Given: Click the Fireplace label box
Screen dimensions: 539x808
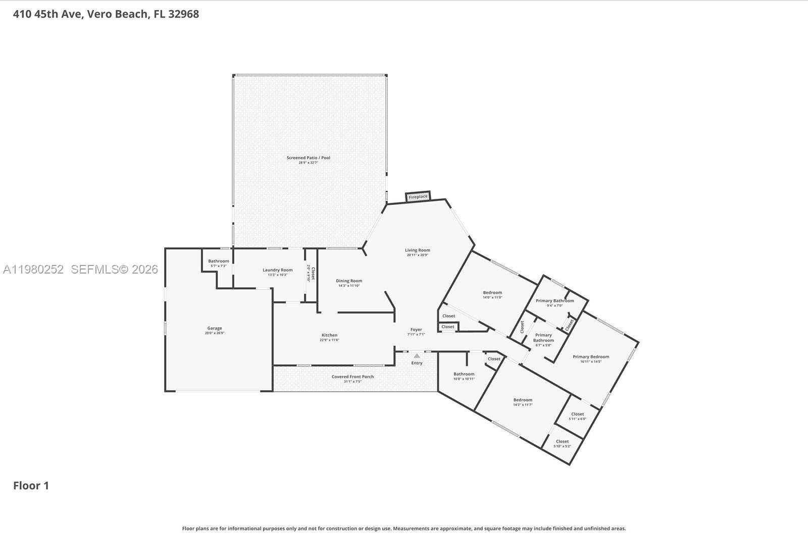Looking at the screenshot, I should (418, 196).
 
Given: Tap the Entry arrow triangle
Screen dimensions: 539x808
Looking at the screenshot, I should (417, 356).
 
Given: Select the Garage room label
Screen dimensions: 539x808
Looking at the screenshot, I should (214, 329).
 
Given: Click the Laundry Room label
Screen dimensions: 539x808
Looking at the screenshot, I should (277, 270).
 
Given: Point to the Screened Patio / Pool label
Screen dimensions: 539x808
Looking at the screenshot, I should (308, 158).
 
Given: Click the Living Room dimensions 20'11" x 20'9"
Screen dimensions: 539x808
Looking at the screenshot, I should (417, 255).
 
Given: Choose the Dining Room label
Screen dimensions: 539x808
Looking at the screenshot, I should (349, 281).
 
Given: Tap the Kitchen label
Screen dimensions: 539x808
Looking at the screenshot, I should (329, 335).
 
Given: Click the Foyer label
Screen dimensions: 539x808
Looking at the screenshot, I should (416, 330).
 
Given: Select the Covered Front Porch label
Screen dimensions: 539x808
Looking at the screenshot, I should (352, 377).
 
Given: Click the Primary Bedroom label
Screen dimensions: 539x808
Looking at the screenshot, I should (590, 357).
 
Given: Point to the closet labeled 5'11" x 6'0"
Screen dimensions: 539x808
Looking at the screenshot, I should (577, 416).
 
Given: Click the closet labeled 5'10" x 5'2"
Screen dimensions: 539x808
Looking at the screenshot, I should (562, 444).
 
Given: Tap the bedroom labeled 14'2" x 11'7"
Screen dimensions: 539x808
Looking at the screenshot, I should (523, 402).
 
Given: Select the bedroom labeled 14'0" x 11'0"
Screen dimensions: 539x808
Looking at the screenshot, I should (492, 295).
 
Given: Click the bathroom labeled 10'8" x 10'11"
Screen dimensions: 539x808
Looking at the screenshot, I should (464, 376).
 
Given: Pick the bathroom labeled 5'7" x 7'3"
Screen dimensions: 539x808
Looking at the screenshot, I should (218, 263).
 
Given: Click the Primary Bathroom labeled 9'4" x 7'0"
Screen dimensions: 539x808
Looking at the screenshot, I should (554, 303).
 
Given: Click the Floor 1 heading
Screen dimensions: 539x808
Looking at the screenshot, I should (31, 486).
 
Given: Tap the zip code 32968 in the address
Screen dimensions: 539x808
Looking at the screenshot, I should (183, 14).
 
